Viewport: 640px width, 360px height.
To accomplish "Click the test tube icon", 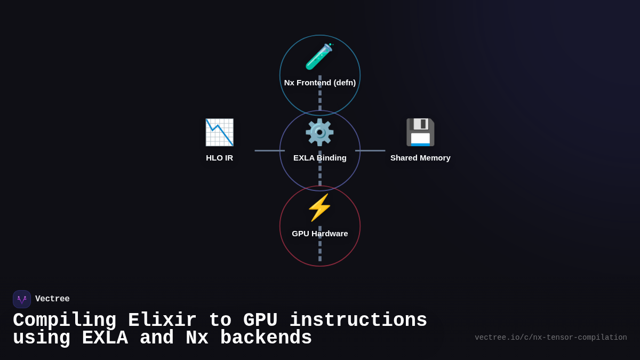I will [319, 57].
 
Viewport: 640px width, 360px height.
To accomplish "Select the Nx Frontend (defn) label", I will [320, 83].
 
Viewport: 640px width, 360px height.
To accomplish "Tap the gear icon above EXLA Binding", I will [319, 132].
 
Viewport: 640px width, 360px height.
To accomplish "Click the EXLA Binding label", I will [320, 158].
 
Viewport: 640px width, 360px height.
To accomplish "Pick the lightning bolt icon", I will [319, 207].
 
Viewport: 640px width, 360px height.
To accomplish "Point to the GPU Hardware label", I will [320, 234].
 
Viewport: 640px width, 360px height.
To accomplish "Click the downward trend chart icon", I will [219, 132].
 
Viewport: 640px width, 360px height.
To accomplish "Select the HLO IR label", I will [219, 158].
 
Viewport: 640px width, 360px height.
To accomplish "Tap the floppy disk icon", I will [420, 132].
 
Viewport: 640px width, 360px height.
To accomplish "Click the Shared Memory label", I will [420, 158].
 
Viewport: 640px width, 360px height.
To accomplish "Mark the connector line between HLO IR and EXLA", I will [269, 150].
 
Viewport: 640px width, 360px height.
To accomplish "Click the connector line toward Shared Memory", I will [370, 150].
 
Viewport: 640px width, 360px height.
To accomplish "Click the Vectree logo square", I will [22, 299].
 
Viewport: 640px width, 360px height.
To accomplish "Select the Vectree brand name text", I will [52, 299].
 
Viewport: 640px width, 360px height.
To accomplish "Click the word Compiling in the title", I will [65, 321].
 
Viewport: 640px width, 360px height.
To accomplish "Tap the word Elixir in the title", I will [162, 321].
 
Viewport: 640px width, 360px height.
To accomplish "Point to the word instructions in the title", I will [358, 321].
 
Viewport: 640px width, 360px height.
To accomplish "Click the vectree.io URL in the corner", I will [550, 338].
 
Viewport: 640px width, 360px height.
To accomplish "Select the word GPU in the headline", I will [260, 321].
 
